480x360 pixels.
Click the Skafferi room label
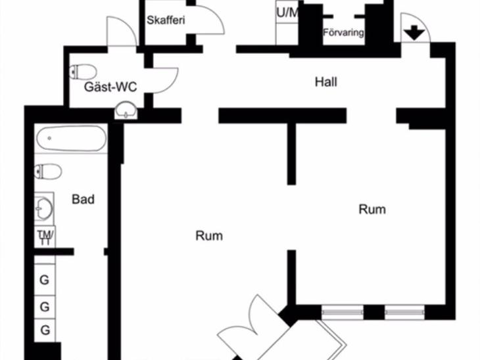[x=166, y=20]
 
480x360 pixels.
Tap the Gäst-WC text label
[x=110, y=87]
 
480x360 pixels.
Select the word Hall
[x=326, y=82]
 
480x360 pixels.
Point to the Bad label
[x=83, y=200]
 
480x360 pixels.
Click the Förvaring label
[x=343, y=32]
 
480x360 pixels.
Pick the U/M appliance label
[x=287, y=13]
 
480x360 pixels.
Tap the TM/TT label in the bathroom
[x=45, y=237]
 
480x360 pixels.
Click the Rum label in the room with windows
[x=372, y=210]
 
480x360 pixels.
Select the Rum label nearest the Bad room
[x=209, y=236]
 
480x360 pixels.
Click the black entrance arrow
[x=414, y=33]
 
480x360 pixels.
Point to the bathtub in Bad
[x=71, y=139]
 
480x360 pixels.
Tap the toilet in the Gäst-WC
[x=83, y=72]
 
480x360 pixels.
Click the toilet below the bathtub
[x=48, y=171]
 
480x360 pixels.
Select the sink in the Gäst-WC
[x=126, y=110]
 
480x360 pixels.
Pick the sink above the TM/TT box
[x=44, y=209]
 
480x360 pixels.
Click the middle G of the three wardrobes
[x=45, y=307]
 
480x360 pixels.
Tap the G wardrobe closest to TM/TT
[x=45, y=280]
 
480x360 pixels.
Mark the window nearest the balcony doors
[x=342, y=312]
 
